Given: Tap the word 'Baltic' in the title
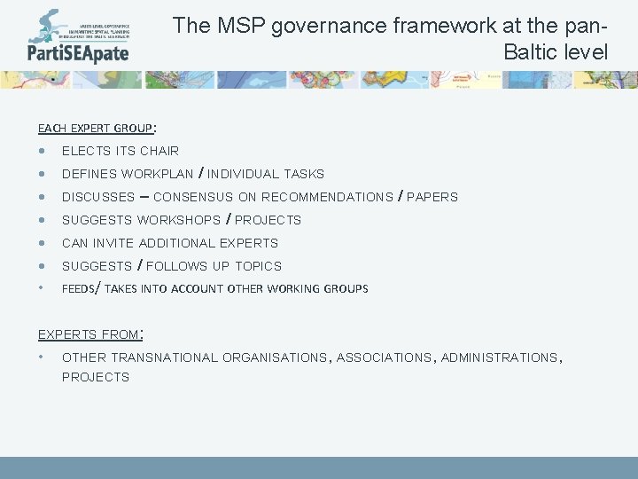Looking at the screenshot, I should [531, 51].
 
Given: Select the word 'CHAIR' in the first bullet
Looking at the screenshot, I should [159, 151].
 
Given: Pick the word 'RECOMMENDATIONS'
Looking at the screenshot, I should [327, 197].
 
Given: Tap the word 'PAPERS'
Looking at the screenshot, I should [432, 197].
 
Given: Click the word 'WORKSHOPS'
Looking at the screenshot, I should [179, 220].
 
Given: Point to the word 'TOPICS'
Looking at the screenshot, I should [259, 266].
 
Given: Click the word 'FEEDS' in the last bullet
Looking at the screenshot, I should [77, 289].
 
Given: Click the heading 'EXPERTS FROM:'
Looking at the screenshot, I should [90, 334].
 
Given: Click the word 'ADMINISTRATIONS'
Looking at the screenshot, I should [499, 357].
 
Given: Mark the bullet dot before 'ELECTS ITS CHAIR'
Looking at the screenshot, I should [42, 151].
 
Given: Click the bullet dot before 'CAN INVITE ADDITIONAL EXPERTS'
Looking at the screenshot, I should [42, 243].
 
